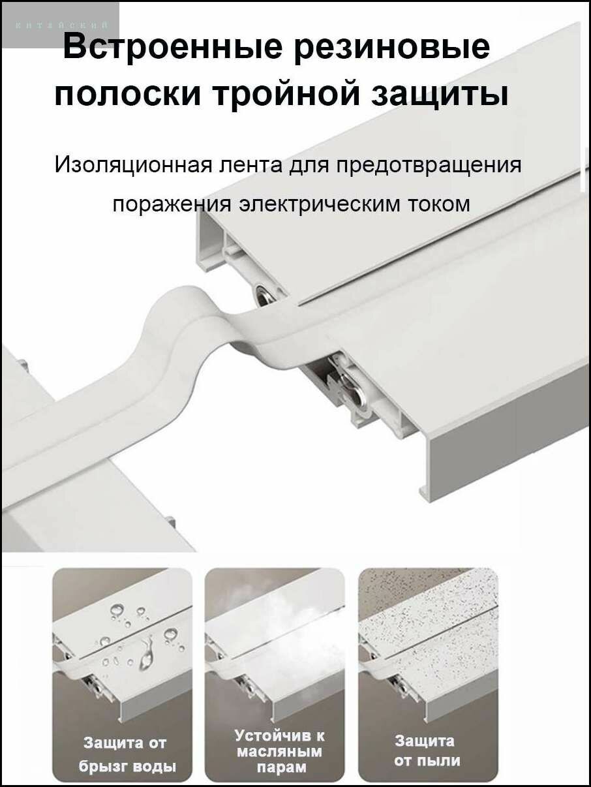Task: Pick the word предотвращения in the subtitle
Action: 429,164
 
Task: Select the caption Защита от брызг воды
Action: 125,754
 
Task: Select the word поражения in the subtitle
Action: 170,204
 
